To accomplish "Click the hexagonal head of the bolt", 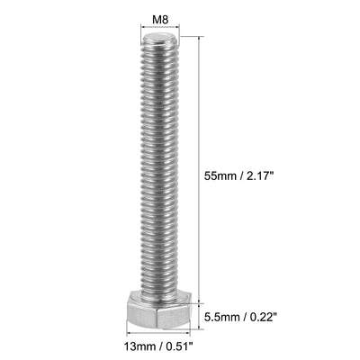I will click(x=161, y=315).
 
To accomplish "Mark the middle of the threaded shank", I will click(x=160, y=171).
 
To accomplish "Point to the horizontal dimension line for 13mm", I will click(x=160, y=333).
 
